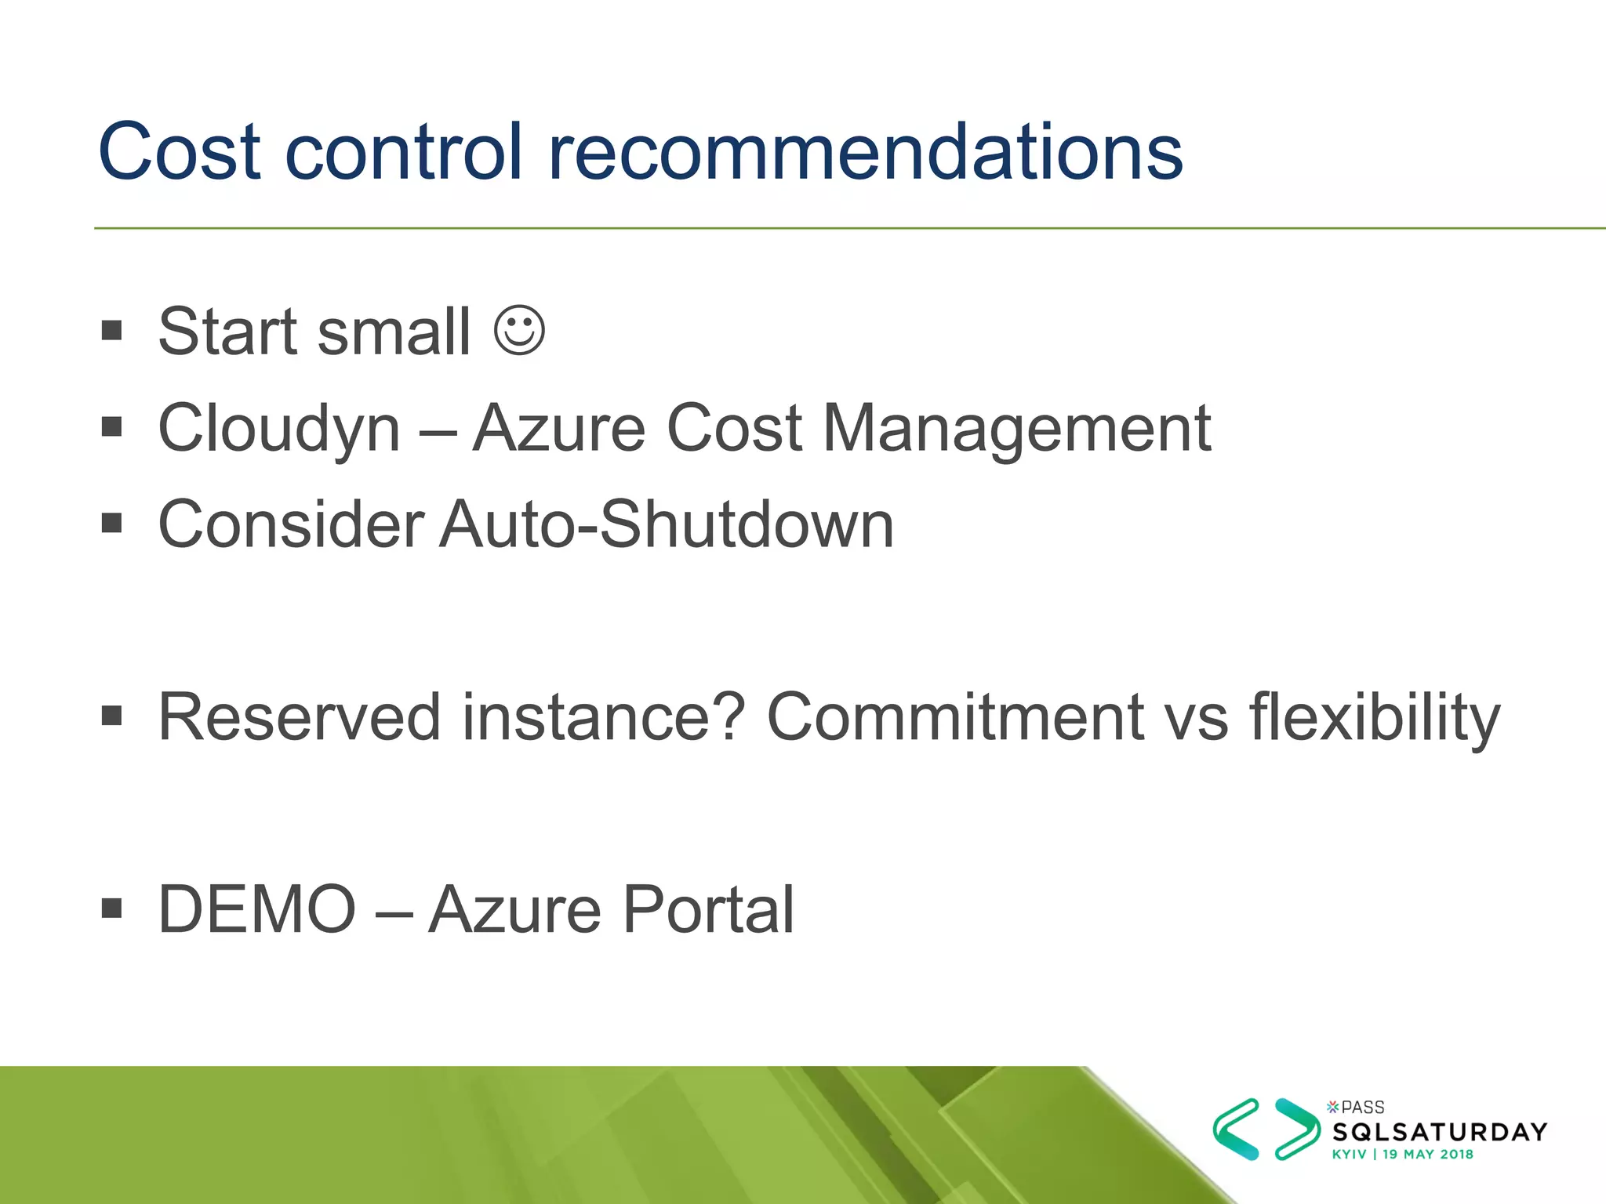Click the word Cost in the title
[179, 152]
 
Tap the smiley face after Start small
[519, 332]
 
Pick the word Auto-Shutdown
[667, 524]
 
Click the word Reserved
[299, 716]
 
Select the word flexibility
[1375, 716]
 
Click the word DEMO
[257, 910]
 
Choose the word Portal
[708, 910]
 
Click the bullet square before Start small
[112, 330]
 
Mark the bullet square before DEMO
[112, 908]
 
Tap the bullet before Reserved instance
[112, 715]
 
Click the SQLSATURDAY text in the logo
[1440, 1132]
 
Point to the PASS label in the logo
[1363, 1108]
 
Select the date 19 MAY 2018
[1427, 1155]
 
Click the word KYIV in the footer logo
[1349, 1155]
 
